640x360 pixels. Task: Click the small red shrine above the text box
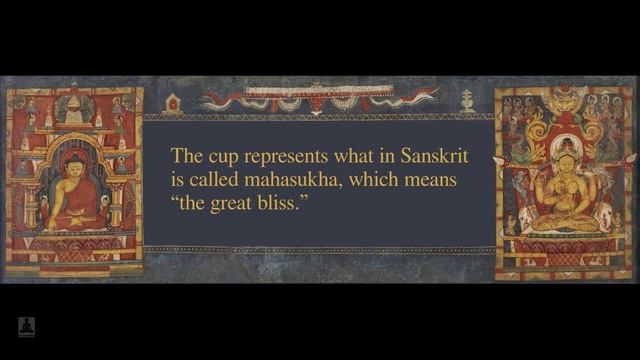pyautogui.click(x=173, y=102)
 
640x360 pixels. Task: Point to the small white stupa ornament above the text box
pyautogui.click(x=466, y=101)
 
